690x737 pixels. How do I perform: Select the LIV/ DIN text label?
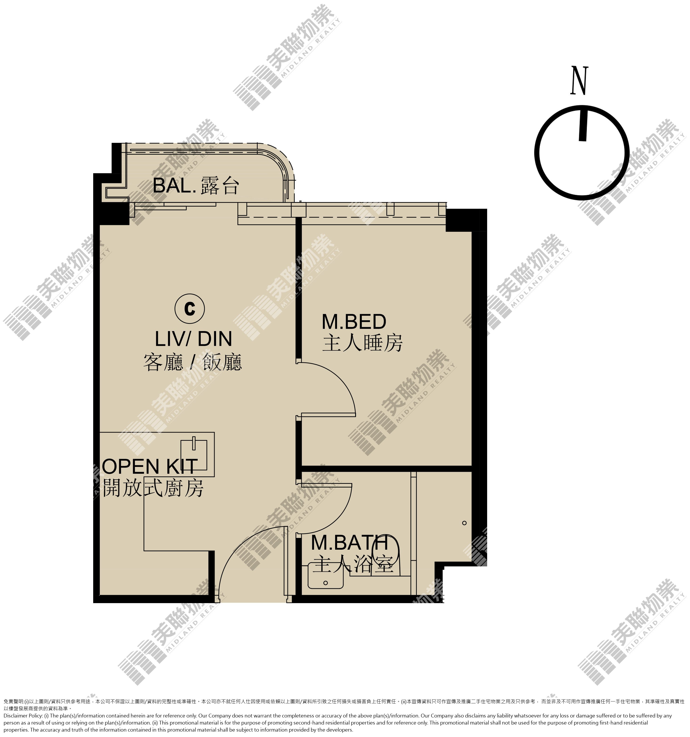tap(193, 338)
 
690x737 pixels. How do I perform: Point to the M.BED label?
tap(354, 321)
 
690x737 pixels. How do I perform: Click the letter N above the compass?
tap(579, 81)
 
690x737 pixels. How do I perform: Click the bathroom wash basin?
tap(325, 577)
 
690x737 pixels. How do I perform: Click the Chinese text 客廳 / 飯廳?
tap(193, 362)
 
